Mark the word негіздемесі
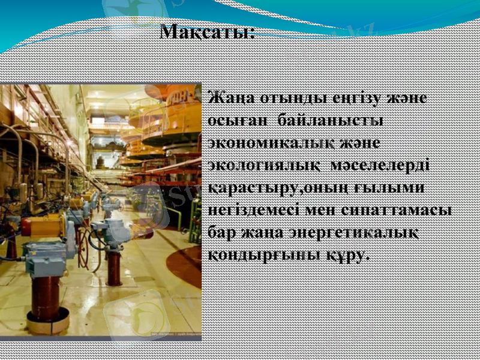coord(258,210)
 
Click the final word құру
coord(346,255)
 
